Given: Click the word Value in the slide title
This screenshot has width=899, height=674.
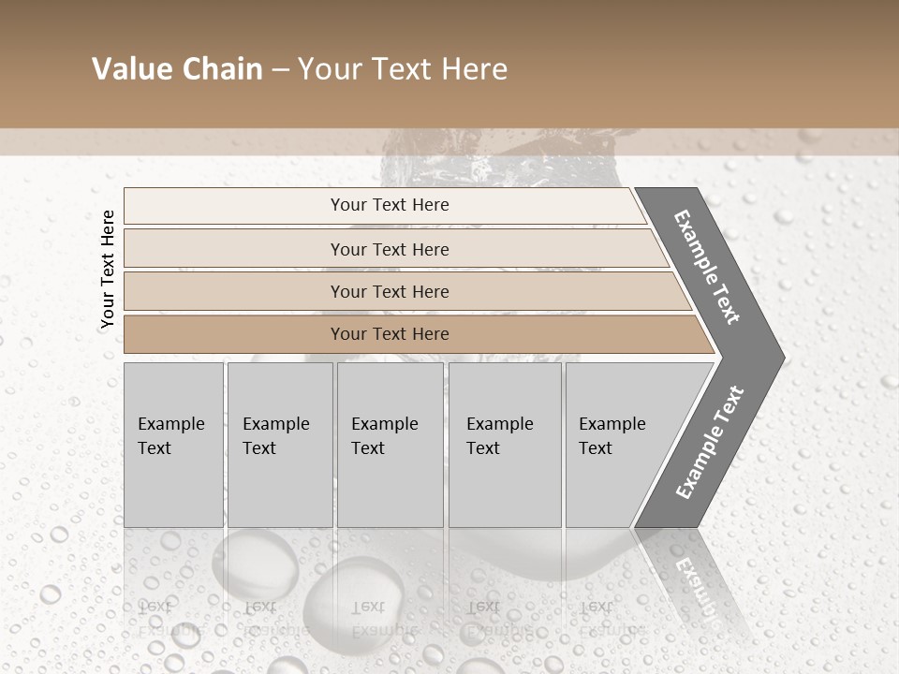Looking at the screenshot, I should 130,69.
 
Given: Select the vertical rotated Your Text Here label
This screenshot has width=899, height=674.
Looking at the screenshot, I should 108,269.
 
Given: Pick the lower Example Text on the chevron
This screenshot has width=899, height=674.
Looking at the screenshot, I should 710,443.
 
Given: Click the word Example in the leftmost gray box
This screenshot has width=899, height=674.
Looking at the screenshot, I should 170,424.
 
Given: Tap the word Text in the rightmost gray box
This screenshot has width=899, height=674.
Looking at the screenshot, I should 596,448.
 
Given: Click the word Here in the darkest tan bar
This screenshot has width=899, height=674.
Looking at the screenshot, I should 429,334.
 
